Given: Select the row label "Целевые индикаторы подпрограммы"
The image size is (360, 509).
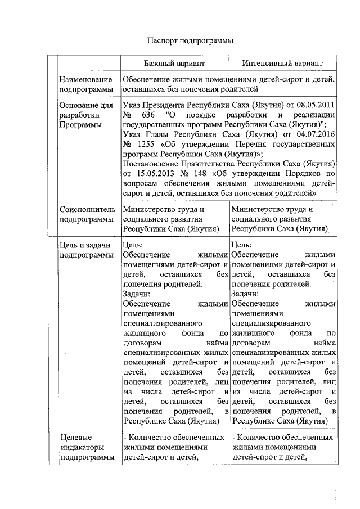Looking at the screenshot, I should click(x=85, y=447).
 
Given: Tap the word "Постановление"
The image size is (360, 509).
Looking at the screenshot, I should click(x=150, y=164).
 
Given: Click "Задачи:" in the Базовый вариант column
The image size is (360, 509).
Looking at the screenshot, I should click(x=135, y=294).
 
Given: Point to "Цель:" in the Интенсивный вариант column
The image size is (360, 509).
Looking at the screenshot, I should click(x=242, y=246).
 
